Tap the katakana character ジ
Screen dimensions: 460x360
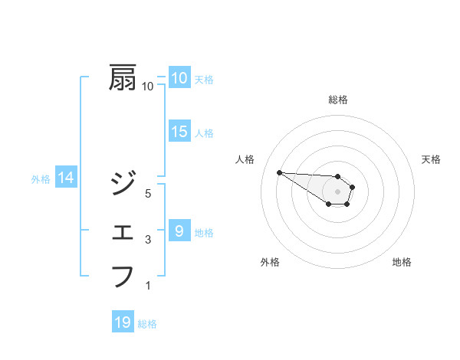123,183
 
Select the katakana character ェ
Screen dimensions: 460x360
123,231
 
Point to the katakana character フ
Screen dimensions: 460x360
123,276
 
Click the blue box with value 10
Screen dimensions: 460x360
179,77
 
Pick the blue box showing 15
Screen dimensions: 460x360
179,132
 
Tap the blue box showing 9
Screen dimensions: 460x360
179,230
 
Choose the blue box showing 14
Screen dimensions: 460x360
66,178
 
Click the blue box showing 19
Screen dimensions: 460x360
123,322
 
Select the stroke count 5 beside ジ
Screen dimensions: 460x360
148,194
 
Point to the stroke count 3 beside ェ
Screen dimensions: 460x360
148,241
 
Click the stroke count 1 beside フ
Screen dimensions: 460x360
148,286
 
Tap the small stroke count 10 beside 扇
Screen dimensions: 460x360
148,87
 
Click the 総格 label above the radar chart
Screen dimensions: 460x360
338,100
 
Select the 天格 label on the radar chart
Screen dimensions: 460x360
432,159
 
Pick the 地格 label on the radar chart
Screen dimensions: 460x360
402,262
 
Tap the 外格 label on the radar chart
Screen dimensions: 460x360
270,262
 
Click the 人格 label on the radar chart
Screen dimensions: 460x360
245,159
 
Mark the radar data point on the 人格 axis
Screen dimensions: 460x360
279,172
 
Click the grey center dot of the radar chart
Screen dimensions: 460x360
338,191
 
